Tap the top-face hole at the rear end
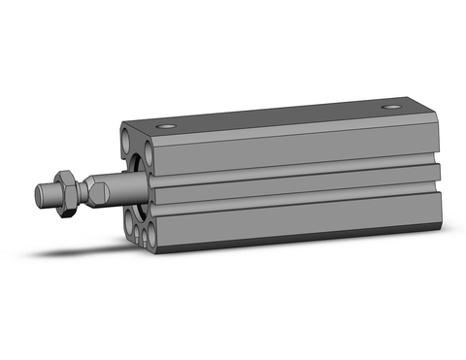[x=392, y=106]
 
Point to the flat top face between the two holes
[x=282, y=115]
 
